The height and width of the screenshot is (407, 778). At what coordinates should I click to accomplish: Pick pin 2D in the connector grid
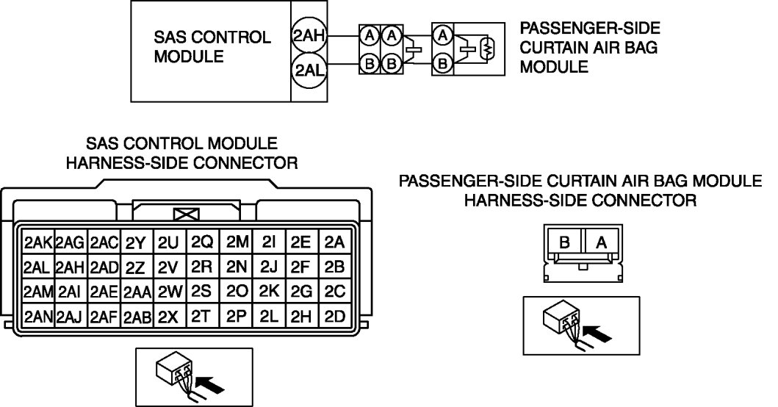[x=334, y=317]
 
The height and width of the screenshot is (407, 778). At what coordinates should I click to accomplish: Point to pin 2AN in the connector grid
[x=37, y=317]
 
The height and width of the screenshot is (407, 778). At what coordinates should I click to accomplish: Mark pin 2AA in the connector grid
[x=137, y=292]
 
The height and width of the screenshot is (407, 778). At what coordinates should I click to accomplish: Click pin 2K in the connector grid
[x=268, y=292]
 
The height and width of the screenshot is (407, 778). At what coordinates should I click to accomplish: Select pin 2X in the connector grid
[x=168, y=317]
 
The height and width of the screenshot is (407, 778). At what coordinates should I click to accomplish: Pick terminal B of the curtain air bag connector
[x=564, y=242]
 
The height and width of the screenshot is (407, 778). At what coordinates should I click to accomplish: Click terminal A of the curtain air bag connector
[x=600, y=242]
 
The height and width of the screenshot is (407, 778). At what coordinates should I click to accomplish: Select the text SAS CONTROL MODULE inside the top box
[x=211, y=46]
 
